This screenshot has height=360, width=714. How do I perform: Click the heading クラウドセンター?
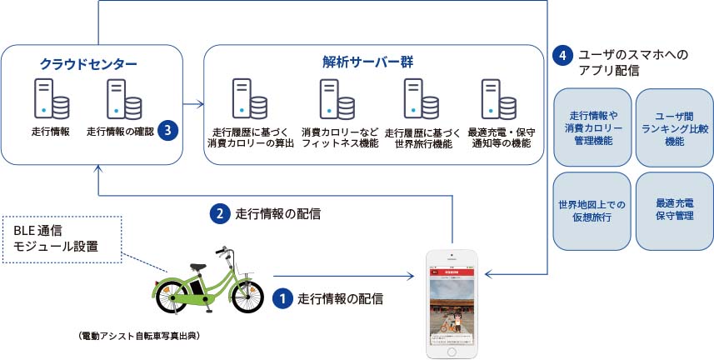[x=88, y=63]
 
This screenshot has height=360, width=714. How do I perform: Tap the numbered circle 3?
[x=169, y=131]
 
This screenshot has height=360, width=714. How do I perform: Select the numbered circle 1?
[x=283, y=297]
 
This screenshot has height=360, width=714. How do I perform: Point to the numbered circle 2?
[x=219, y=213]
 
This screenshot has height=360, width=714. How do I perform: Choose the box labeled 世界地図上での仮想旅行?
[x=591, y=209]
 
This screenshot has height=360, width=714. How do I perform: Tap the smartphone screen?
[x=452, y=305]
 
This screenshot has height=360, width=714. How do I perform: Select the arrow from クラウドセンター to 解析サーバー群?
[x=193, y=104]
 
